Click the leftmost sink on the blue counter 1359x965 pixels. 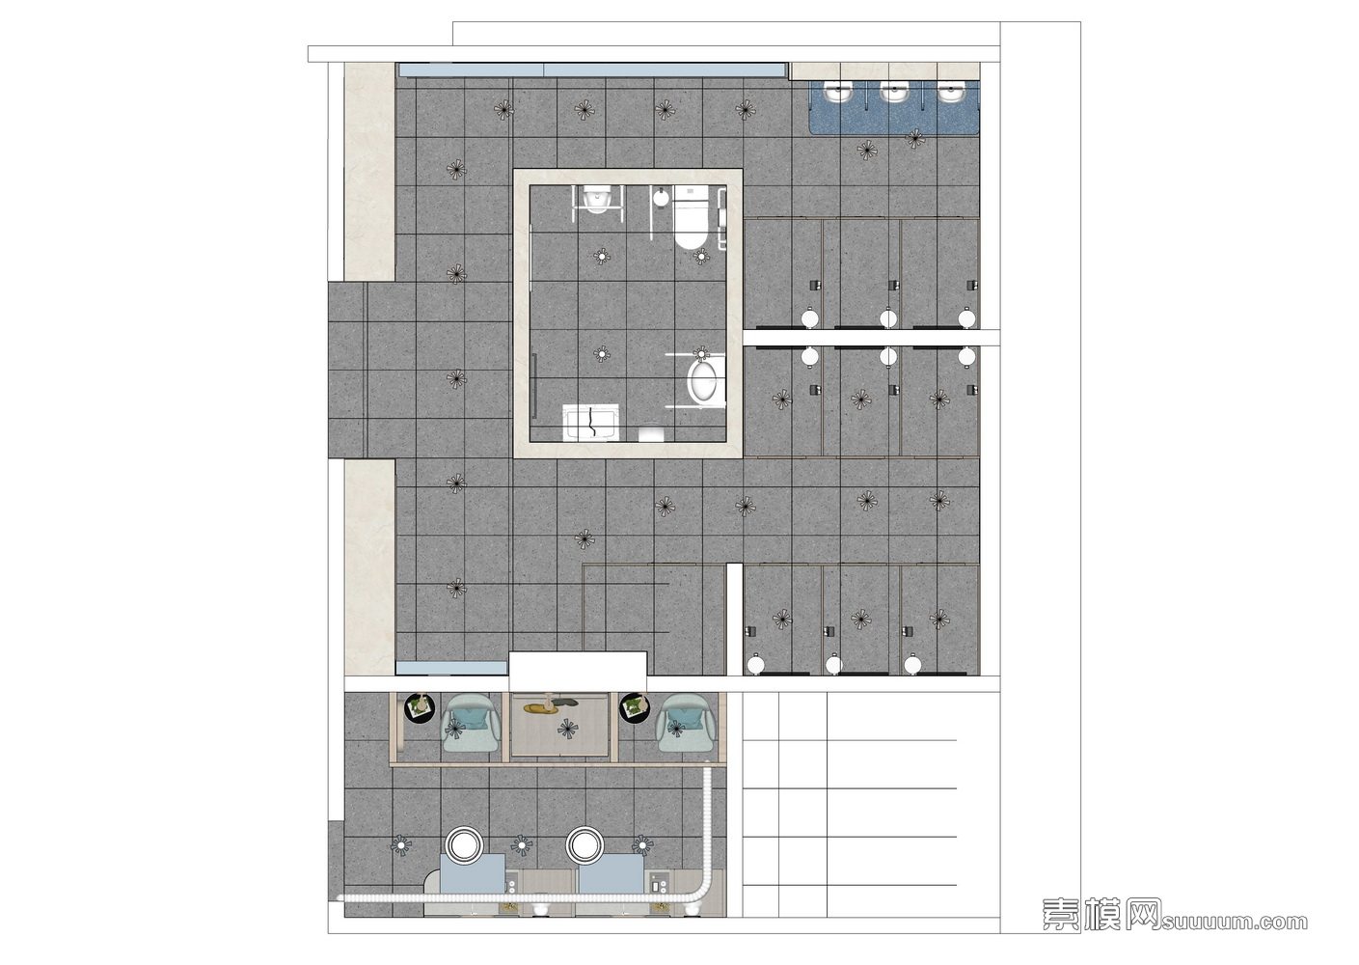(839, 93)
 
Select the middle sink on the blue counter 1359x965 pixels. (894, 93)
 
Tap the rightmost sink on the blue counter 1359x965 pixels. (951, 93)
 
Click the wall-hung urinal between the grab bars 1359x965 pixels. (596, 199)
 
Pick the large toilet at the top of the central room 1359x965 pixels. (691, 217)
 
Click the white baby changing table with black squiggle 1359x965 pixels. (590, 423)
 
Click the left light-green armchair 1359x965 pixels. (473, 724)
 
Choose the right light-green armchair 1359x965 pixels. (686, 724)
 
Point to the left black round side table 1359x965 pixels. (420, 708)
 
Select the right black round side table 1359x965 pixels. (634, 708)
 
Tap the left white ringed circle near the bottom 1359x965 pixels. (464, 844)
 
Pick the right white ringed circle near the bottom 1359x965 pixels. (584, 844)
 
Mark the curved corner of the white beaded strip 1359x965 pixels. (702, 891)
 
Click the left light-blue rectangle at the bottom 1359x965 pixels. (473, 873)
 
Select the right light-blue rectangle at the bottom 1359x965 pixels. (611, 873)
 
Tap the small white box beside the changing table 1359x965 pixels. (652, 434)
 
